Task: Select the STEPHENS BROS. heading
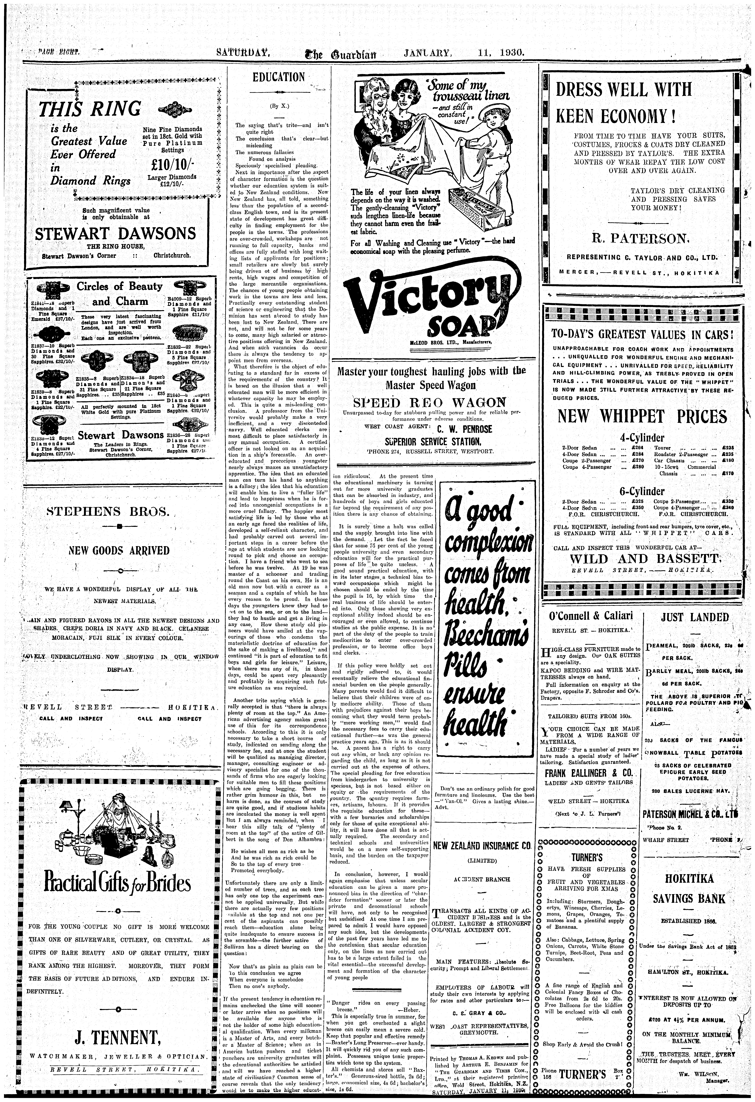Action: [108, 511]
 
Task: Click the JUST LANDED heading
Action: [695, 617]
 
